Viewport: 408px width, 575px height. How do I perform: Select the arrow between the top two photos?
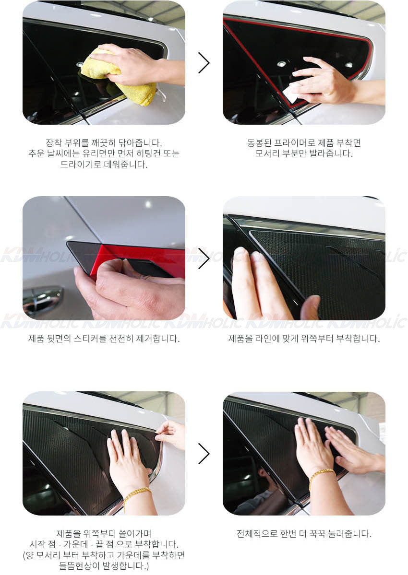tap(204, 63)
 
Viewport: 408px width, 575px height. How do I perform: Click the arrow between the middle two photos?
tap(204, 258)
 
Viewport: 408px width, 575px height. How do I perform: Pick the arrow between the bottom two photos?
tap(204, 454)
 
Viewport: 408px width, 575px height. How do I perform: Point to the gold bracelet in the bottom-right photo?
tap(321, 476)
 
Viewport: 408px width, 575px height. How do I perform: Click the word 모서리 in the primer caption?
tap(267, 153)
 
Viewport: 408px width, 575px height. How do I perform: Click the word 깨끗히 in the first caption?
tap(104, 142)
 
